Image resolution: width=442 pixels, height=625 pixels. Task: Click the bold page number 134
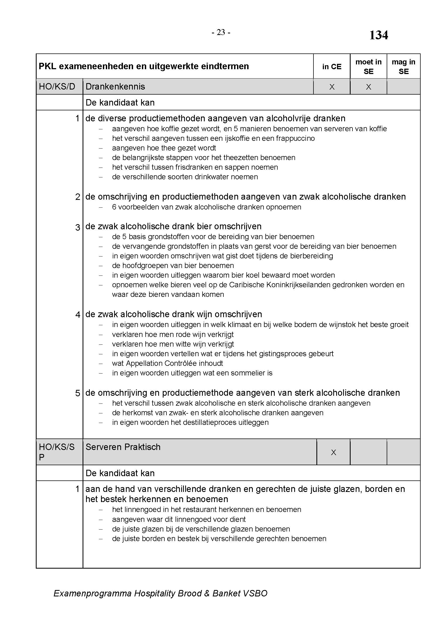click(x=378, y=35)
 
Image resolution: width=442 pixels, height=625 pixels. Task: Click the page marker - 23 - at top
click(x=221, y=33)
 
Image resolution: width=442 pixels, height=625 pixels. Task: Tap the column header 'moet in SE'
click(x=368, y=67)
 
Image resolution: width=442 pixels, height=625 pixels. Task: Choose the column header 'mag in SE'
click(x=403, y=67)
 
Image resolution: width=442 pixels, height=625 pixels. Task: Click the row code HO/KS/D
click(x=57, y=87)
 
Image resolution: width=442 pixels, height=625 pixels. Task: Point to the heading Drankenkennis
click(x=115, y=87)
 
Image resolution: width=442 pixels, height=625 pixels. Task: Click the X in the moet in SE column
click(x=368, y=87)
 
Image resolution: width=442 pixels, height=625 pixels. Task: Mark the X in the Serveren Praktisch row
click(x=333, y=452)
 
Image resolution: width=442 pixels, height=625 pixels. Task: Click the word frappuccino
click(x=295, y=138)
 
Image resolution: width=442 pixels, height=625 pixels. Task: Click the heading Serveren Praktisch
click(x=123, y=447)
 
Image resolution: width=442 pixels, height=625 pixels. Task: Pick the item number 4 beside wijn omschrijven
click(x=78, y=315)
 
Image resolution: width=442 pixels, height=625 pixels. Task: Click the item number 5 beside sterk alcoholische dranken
click(x=78, y=393)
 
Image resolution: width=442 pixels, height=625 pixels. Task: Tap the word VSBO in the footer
click(x=255, y=593)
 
